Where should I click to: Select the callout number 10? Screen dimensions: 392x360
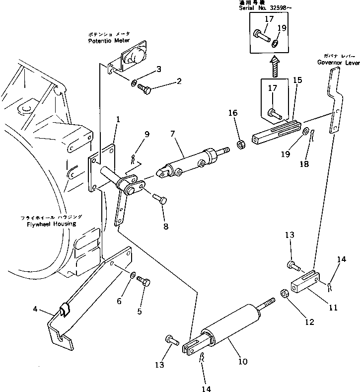coord(242,361)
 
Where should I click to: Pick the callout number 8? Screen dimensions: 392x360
coord(165,226)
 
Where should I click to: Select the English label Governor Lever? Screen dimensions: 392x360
coord(338,63)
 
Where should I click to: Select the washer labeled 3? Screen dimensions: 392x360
coord(135,81)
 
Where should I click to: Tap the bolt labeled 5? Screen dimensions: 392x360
coord(144,282)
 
